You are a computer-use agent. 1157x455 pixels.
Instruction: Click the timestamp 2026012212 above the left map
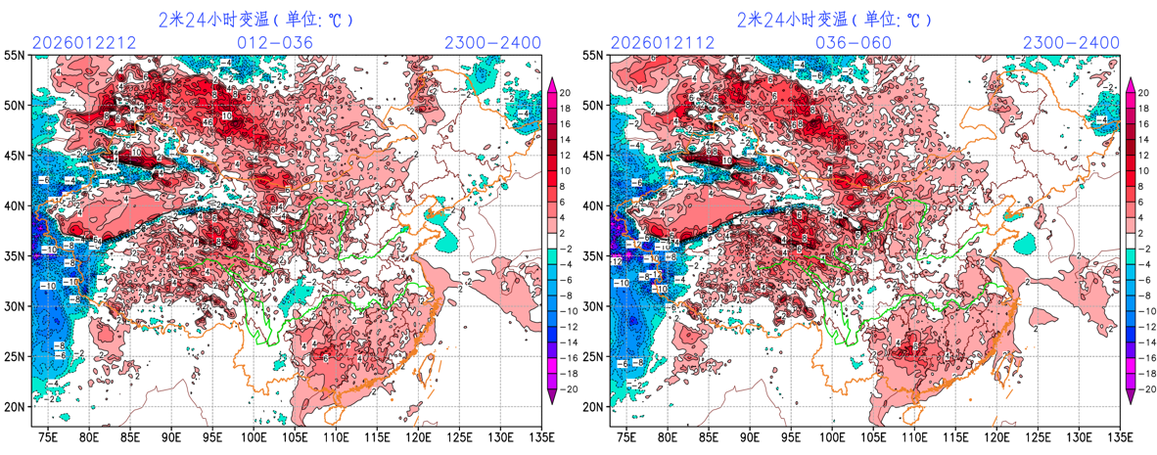pyautogui.click(x=83, y=43)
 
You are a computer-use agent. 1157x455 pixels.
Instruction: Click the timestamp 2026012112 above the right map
pyautogui.click(x=662, y=43)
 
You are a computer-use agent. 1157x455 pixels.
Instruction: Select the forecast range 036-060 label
pyautogui.click(x=854, y=43)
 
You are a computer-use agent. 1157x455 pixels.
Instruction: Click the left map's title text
pyautogui.click(x=255, y=20)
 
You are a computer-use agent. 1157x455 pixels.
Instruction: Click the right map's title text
pyautogui.click(x=834, y=20)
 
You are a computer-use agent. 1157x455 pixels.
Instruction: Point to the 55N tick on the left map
pyautogui.click(x=15, y=56)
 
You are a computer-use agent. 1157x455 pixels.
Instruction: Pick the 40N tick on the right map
pyautogui.click(x=593, y=206)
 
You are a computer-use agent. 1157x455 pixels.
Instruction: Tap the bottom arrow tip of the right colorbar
pyautogui.click(x=1131, y=400)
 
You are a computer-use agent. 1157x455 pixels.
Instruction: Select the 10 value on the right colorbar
pyautogui.click(x=1144, y=171)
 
